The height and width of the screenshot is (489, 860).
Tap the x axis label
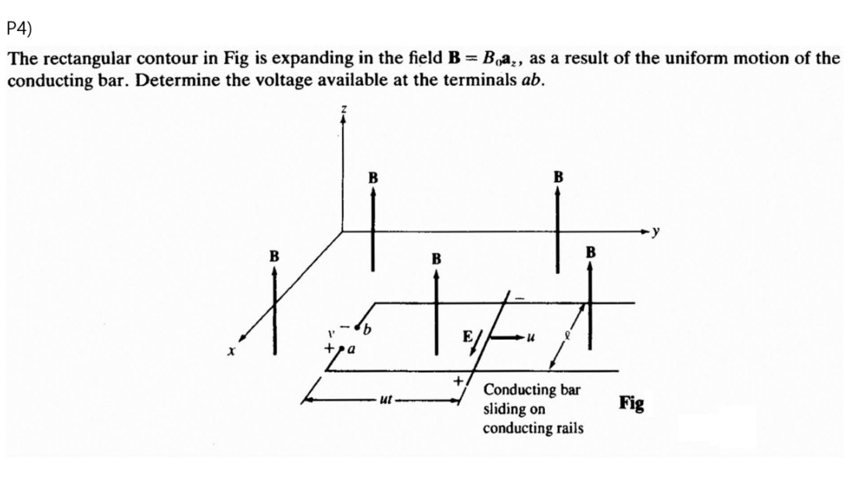231,351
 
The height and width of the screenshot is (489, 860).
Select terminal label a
350,351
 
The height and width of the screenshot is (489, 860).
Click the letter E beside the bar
467,337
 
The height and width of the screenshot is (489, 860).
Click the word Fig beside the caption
632,403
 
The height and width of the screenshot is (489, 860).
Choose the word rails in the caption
567,428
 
